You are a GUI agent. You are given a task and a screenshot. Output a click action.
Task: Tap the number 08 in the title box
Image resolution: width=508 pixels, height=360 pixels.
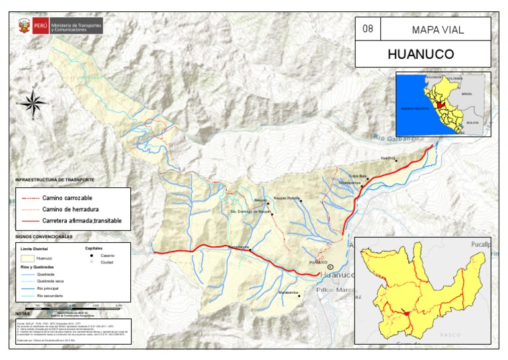point(368,29)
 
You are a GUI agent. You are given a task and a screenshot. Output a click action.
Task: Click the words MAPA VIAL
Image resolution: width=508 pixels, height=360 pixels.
point(437,29)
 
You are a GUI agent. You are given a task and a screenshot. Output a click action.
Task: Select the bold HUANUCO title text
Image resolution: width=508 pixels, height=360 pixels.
point(421,54)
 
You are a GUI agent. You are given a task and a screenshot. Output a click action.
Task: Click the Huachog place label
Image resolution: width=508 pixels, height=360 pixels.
point(388,159)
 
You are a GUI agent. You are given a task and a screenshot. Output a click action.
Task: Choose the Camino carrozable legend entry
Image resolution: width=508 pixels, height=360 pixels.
point(67,198)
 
